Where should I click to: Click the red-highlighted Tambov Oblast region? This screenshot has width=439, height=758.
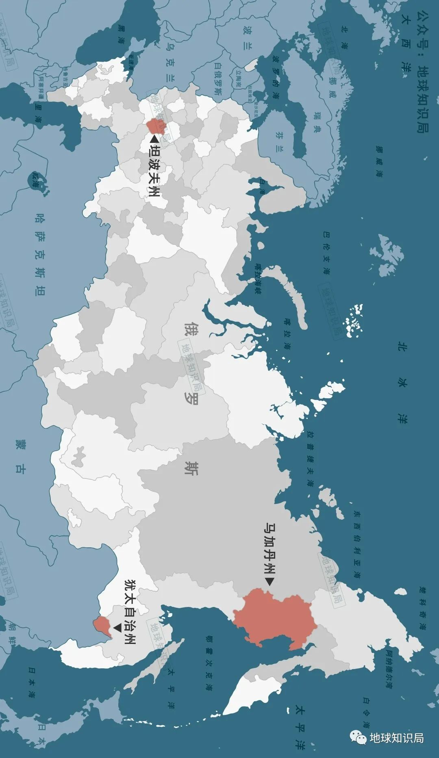coord(153,126)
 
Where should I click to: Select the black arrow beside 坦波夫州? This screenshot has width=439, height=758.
coord(154,139)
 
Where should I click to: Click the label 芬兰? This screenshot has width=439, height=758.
coord(279,140)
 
